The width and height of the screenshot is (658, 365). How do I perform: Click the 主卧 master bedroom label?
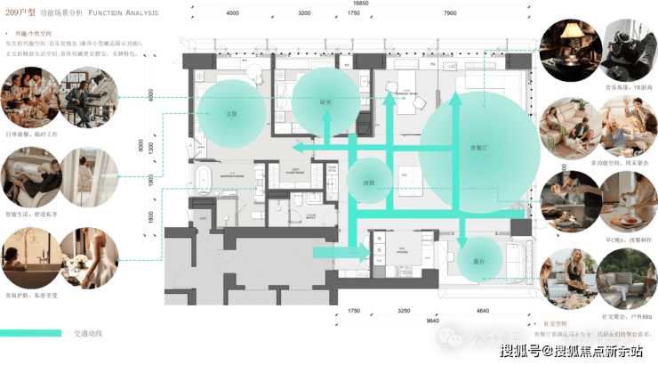tap(231, 114)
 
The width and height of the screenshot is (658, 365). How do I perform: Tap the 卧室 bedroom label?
tap(325, 102)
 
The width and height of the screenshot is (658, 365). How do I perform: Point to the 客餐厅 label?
tap(479, 148)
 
